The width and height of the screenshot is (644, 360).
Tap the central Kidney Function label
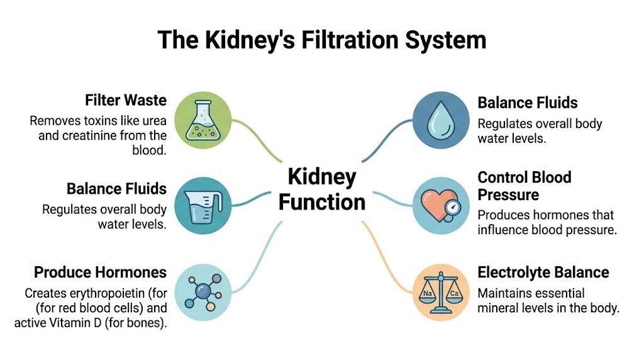click(x=322, y=189)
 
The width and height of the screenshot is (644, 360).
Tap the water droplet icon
click(x=440, y=119)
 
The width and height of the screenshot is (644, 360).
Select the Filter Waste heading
click(x=126, y=100)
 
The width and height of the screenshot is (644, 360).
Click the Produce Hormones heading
click(x=100, y=272)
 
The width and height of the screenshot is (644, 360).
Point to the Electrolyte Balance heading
click(x=543, y=272)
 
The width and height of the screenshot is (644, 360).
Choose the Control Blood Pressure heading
click(x=524, y=185)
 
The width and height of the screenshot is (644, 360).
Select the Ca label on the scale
click(x=453, y=292)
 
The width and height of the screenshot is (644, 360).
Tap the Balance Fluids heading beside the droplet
click(x=527, y=103)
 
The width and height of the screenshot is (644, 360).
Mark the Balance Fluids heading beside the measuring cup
click(x=116, y=189)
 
